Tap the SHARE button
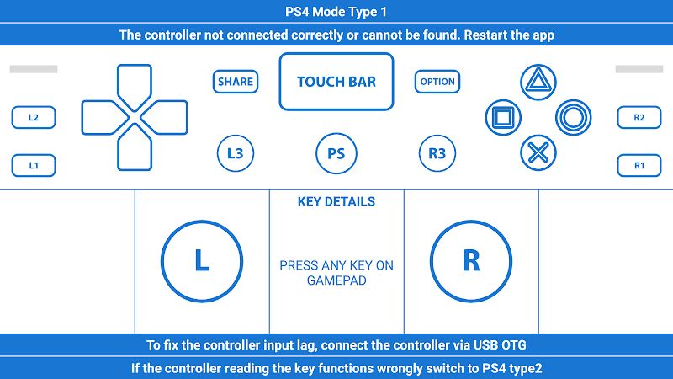tap(236, 82)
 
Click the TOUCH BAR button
tap(336, 82)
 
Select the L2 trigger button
tap(34, 117)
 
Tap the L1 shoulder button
tap(34, 165)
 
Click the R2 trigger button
tap(639, 117)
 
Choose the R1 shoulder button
tap(639, 165)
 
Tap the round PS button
tap(336, 153)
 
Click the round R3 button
tap(437, 153)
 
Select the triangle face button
tap(538, 82)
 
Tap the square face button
tap(503, 117)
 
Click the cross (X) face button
tap(538, 152)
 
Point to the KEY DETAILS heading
tap(336, 201)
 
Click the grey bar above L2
tap(34, 69)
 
